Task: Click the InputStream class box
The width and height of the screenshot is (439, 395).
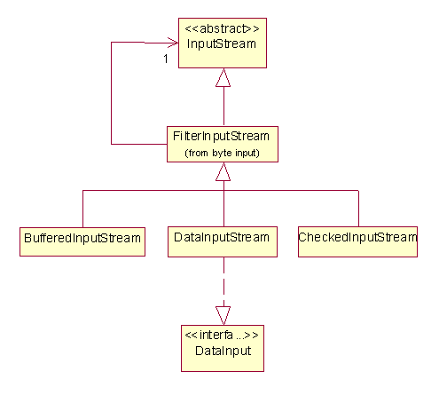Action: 223,43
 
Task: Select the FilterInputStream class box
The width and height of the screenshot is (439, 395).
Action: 223,144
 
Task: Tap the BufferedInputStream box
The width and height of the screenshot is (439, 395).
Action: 82,241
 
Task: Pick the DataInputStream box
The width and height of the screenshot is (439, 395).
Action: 223,241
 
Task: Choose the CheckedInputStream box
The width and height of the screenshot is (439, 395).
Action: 357,241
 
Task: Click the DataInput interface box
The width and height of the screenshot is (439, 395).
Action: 223,348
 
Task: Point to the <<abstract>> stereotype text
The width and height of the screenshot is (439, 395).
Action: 222,28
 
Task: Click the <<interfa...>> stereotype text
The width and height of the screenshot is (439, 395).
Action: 222,335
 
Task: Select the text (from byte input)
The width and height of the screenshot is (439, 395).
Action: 222,153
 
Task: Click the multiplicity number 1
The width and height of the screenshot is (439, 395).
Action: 166,59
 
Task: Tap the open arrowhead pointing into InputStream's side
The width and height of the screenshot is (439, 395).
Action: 173,43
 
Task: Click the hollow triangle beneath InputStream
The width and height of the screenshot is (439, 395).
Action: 223,77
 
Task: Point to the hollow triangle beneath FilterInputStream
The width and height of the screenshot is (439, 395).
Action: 223,171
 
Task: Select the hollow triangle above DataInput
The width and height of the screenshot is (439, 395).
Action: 223,316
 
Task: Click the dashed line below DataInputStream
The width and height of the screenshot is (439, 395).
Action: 223,281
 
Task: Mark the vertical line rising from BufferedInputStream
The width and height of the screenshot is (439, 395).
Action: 82,209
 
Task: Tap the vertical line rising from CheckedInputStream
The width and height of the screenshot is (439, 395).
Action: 358,209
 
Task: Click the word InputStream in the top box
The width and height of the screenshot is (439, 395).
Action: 222,44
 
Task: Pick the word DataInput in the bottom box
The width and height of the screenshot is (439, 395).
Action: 223,351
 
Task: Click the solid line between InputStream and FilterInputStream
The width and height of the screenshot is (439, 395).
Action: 223,106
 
